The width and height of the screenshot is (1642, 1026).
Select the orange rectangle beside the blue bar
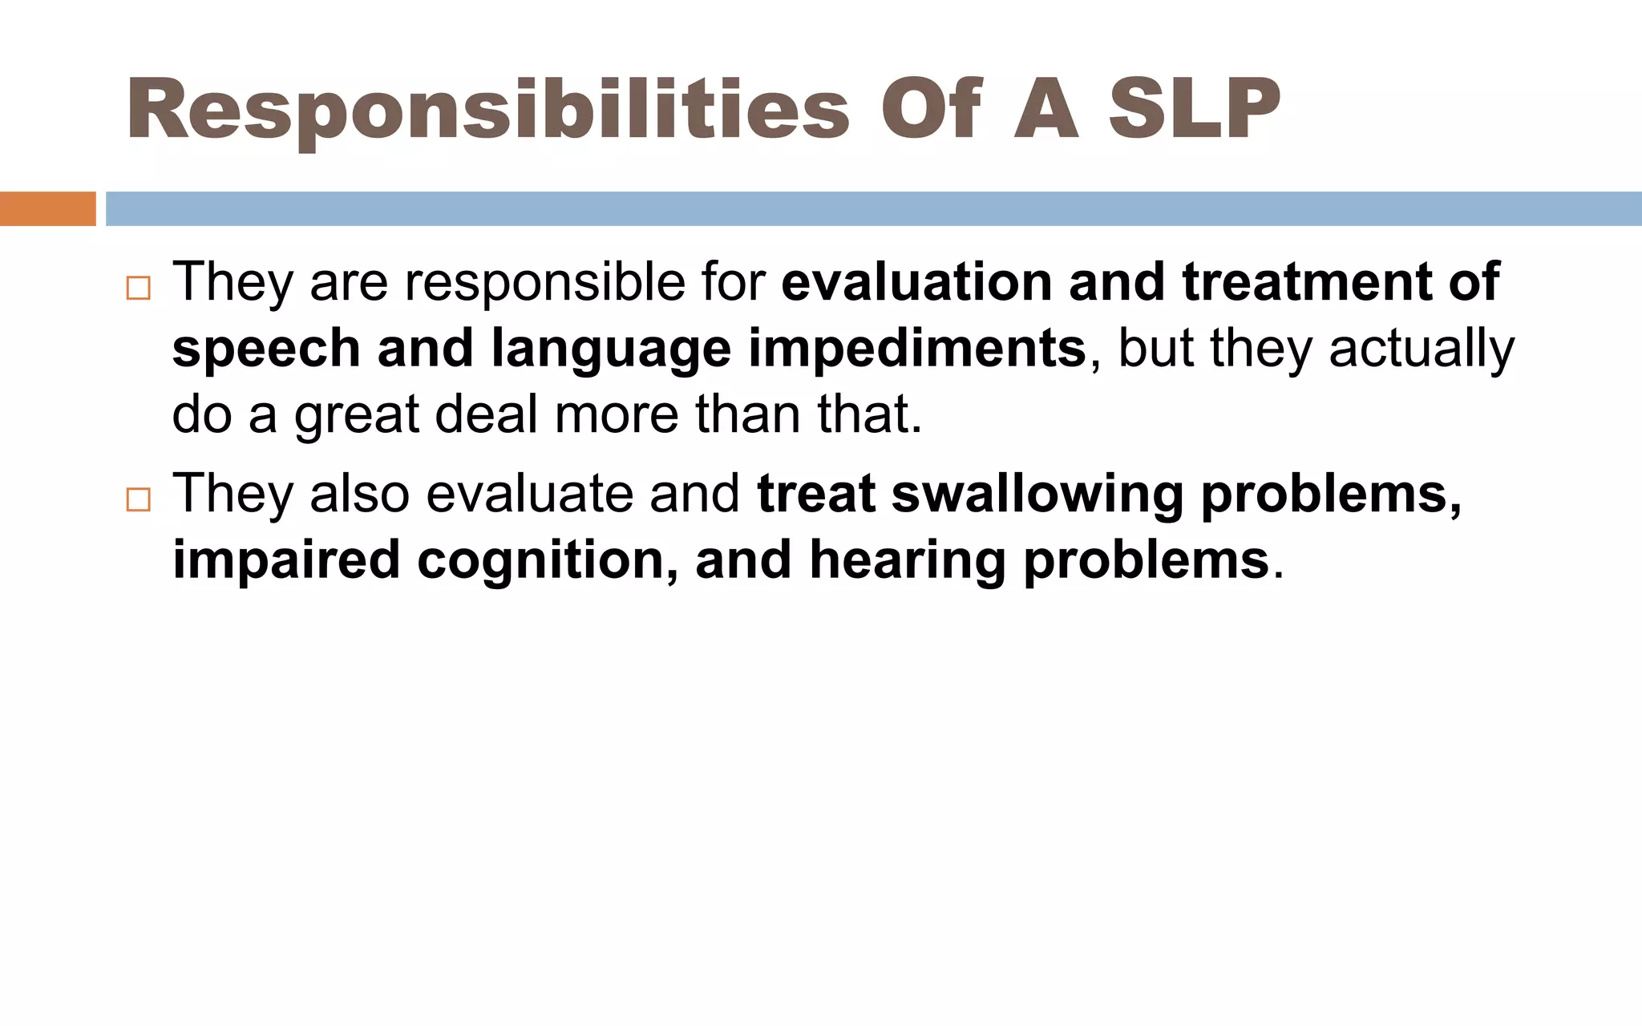coord(47,209)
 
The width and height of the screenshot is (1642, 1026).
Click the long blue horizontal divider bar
coord(873,209)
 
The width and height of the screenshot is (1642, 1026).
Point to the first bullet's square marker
coord(138,289)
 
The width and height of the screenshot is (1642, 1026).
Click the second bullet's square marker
coord(138,500)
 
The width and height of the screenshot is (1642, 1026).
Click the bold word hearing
coord(907,560)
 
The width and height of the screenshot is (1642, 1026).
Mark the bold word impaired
coord(286,560)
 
